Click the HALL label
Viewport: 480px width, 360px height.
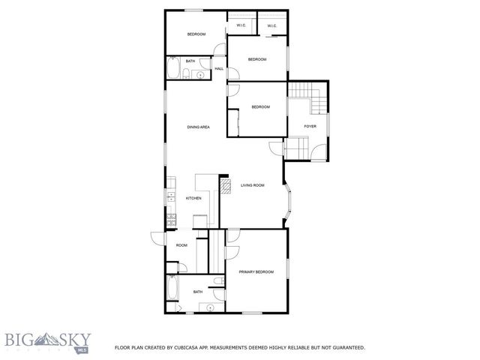coord(219,69)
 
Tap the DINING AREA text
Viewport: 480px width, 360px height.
coord(198,127)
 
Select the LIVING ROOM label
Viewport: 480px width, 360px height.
coord(253,185)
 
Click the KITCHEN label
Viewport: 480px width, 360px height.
coord(193,198)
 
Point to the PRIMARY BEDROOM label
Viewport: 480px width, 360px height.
coord(256,271)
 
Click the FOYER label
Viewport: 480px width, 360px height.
coord(310,126)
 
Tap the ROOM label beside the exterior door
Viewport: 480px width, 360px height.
coord(181,245)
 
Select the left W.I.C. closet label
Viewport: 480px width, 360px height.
coord(241,25)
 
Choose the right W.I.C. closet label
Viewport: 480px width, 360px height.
coord(272,25)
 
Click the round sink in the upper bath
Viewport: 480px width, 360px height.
coord(202,73)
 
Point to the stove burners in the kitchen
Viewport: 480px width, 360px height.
coord(172,219)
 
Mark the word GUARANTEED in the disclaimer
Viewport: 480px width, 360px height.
coord(344,348)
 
